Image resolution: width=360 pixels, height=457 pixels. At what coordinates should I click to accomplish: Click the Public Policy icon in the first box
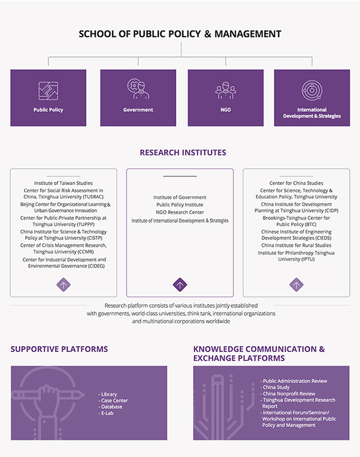[49, 91]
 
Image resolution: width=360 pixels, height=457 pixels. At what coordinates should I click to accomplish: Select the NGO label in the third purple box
[226, 110]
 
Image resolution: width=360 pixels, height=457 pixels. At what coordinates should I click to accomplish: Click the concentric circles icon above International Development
[312, 91]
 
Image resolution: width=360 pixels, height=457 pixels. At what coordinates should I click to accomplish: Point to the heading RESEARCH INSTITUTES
[183, 153]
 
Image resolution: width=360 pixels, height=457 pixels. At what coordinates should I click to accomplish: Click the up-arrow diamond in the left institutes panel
[64, 285]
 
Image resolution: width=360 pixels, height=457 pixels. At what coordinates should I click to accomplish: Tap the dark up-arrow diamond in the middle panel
[180, 285]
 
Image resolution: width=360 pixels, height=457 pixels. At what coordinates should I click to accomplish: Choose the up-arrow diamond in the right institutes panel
[296, 285]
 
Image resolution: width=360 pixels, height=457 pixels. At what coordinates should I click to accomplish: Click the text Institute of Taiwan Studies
[63, 183]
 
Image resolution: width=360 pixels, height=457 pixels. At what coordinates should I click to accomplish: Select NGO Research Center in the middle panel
[180, 212]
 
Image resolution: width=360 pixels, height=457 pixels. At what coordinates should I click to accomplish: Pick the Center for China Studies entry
[296, 183]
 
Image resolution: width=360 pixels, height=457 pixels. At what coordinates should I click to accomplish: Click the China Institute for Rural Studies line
[296, 245]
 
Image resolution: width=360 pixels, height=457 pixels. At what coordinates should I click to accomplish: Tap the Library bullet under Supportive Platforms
[107, 394]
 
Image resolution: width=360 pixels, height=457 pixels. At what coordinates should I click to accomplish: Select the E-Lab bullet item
[106, 413]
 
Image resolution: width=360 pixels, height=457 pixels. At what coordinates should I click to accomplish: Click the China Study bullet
[275, 387]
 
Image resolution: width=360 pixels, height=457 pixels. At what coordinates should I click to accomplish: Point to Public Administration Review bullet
[294, 381]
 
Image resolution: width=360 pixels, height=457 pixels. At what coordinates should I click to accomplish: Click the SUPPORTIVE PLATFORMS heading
[59, 349]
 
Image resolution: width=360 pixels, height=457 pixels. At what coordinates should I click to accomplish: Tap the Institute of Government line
[180, 197]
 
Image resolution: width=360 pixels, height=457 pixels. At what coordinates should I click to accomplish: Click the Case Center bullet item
[113, 400]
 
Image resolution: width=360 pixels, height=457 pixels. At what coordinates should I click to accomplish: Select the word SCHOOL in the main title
[97, 34]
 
